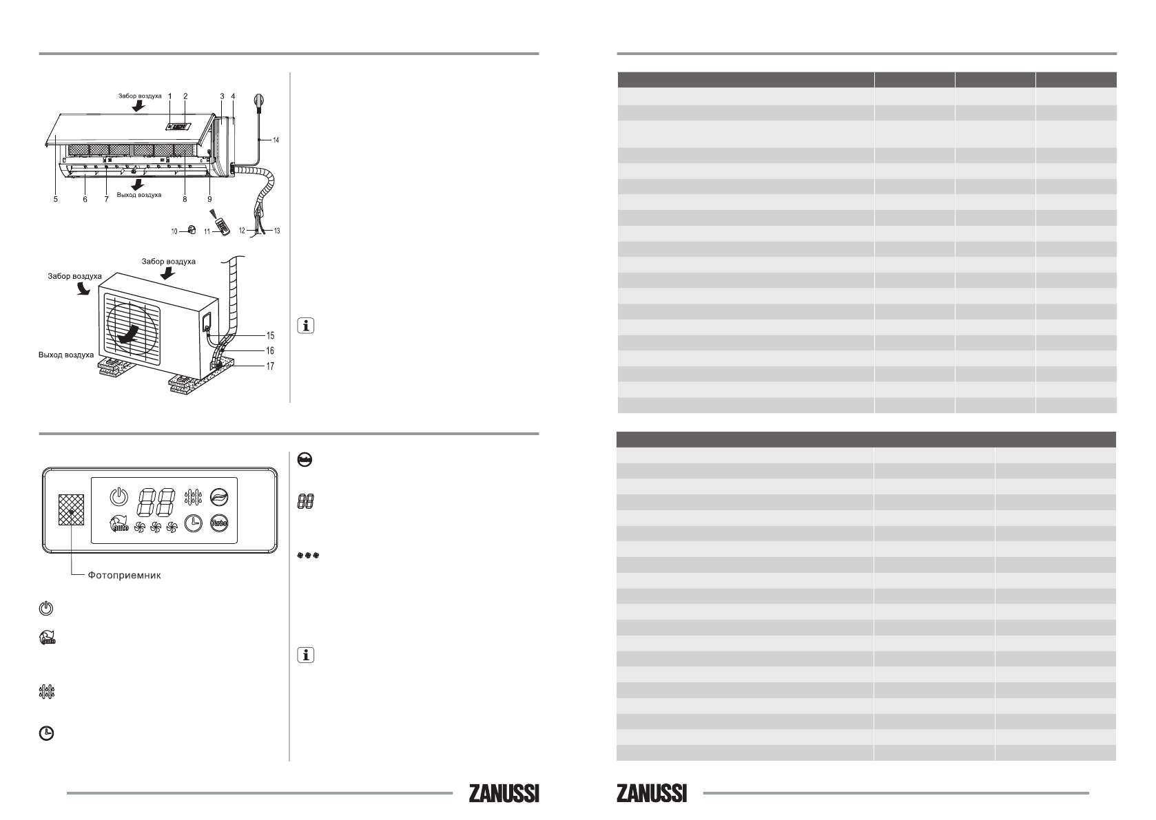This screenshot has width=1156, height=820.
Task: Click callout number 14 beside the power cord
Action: (x=276, y=140)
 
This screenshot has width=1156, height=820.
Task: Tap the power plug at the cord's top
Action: (x=258, y=100)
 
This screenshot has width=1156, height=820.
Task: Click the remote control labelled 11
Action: (x=223, y=227)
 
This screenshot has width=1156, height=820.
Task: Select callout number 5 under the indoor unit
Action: (x=55, y=199)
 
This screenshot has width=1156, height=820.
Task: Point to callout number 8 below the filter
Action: (x=185, y=199)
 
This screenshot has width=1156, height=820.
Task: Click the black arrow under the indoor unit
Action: (x=137, y=185)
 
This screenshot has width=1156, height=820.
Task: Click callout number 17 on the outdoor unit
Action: (x=271, y=366)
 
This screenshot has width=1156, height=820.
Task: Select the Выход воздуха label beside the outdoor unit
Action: (x=66, y=355)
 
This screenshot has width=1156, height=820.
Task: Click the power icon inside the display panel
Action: (x=118, y=497)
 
